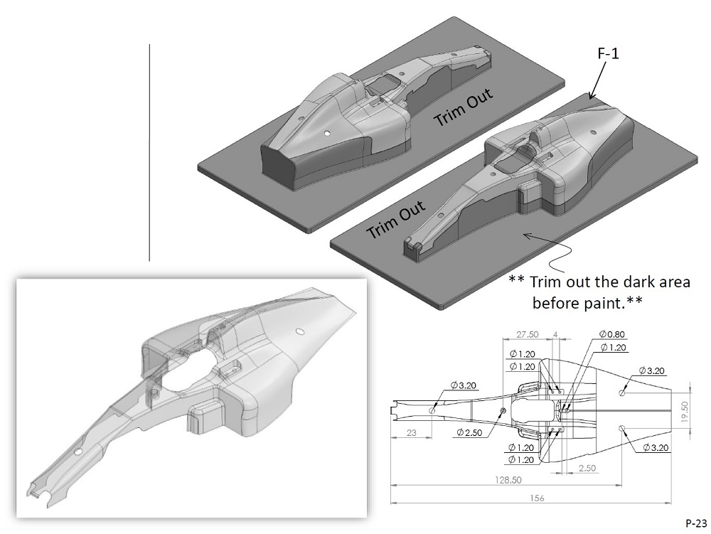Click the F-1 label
[606, 53]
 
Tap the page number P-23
[696, 520]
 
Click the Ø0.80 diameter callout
[612, 334]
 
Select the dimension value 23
[412, 432]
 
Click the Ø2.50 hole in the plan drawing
[503, 411]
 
